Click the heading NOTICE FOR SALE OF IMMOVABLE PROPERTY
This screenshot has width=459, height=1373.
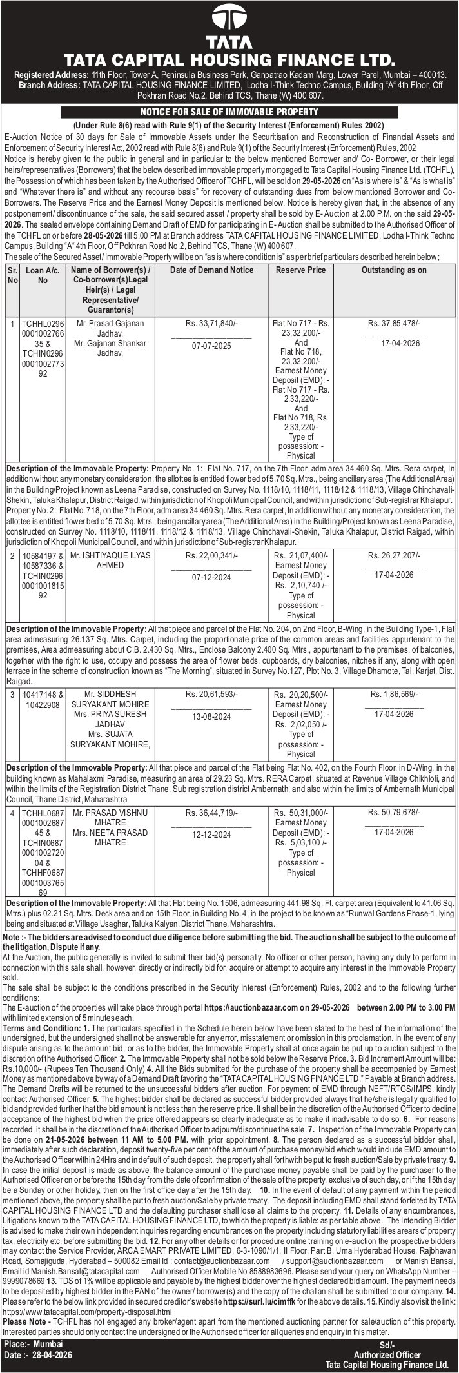pyautogui.click(x=229, y=112)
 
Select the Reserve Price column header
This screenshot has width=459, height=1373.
pyautogui.click(x=300, y=270)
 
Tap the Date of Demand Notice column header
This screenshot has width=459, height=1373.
pyautogui.click(x=211, y=270)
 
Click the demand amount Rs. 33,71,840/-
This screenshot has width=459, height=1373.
pyautogui.click(x=211, y=323)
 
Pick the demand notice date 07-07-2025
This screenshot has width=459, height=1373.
pyautogui.click(x=211, y=346)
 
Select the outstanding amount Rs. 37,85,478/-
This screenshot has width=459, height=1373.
pyautogui.click(x=394, y=323)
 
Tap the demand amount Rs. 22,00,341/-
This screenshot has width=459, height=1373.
pyautogui.click(x=211, y=555)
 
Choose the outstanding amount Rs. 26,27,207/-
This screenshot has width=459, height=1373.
pyautogui.click(x=394, y=555)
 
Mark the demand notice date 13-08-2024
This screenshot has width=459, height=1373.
pyautogui.click(x=211, y=716)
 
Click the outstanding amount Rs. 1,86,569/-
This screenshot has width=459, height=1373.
pyautogui.click(x=394, y=694)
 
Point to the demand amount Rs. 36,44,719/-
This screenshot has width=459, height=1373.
pyautogui.click(x=211, y=812)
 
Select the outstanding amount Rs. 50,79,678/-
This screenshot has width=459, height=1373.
pyautogui.click(x=394, y=812)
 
